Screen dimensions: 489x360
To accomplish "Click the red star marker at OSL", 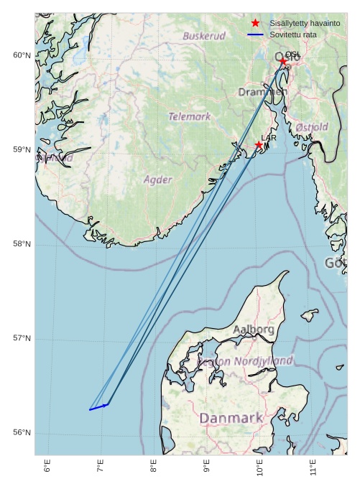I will click(x=283, y=62).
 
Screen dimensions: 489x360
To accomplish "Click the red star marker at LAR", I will click(x=259, y=145).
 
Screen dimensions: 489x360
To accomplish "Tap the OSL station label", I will click(x=292, y=55).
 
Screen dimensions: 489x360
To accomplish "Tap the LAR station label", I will click(x=269, y=138).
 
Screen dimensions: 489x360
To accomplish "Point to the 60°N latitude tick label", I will click(x=22, y=56).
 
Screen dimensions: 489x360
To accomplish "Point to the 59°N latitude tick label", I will click(x=22, y=150).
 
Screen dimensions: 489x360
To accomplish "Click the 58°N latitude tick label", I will click(x=22, y=244).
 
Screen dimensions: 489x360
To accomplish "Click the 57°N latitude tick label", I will click(x=22, y=338).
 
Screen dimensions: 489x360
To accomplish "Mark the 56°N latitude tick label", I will click(x=22, y=432).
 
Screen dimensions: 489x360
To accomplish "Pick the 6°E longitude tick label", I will click(x=47, y=467).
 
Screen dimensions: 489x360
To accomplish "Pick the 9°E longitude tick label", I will click(x=207, y=467).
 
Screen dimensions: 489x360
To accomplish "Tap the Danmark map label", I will click(x=231, y=418).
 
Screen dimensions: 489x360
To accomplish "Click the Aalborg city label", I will click(x=253, y=330).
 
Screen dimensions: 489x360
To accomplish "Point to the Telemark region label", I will click(x=190, y=116).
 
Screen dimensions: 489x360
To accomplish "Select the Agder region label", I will click(x=157, y=180).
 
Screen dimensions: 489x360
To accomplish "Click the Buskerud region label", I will click(x=204, y=36).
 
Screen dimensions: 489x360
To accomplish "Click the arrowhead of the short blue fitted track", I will click(x=108, y=404).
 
